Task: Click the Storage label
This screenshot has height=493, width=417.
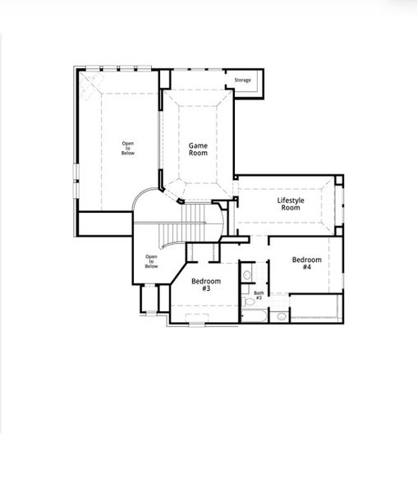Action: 242,80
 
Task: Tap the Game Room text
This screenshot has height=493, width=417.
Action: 198,149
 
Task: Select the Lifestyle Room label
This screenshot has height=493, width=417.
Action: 291,204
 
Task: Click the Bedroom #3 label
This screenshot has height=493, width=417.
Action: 206,284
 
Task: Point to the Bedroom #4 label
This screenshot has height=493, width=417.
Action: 306,263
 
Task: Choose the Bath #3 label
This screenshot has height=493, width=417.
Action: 258,295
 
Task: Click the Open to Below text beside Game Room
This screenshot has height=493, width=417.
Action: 128,148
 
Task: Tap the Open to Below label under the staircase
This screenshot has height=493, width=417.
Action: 151,261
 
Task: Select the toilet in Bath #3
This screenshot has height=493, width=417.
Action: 247,275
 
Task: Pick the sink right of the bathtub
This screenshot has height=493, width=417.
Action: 280,316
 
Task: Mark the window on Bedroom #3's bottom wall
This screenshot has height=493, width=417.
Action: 197,323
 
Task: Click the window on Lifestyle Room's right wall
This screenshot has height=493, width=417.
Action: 342,205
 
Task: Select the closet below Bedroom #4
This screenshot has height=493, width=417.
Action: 315,308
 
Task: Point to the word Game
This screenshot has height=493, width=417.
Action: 198,145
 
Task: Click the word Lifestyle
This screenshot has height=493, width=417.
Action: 291,200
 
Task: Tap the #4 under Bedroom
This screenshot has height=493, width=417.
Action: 306,268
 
